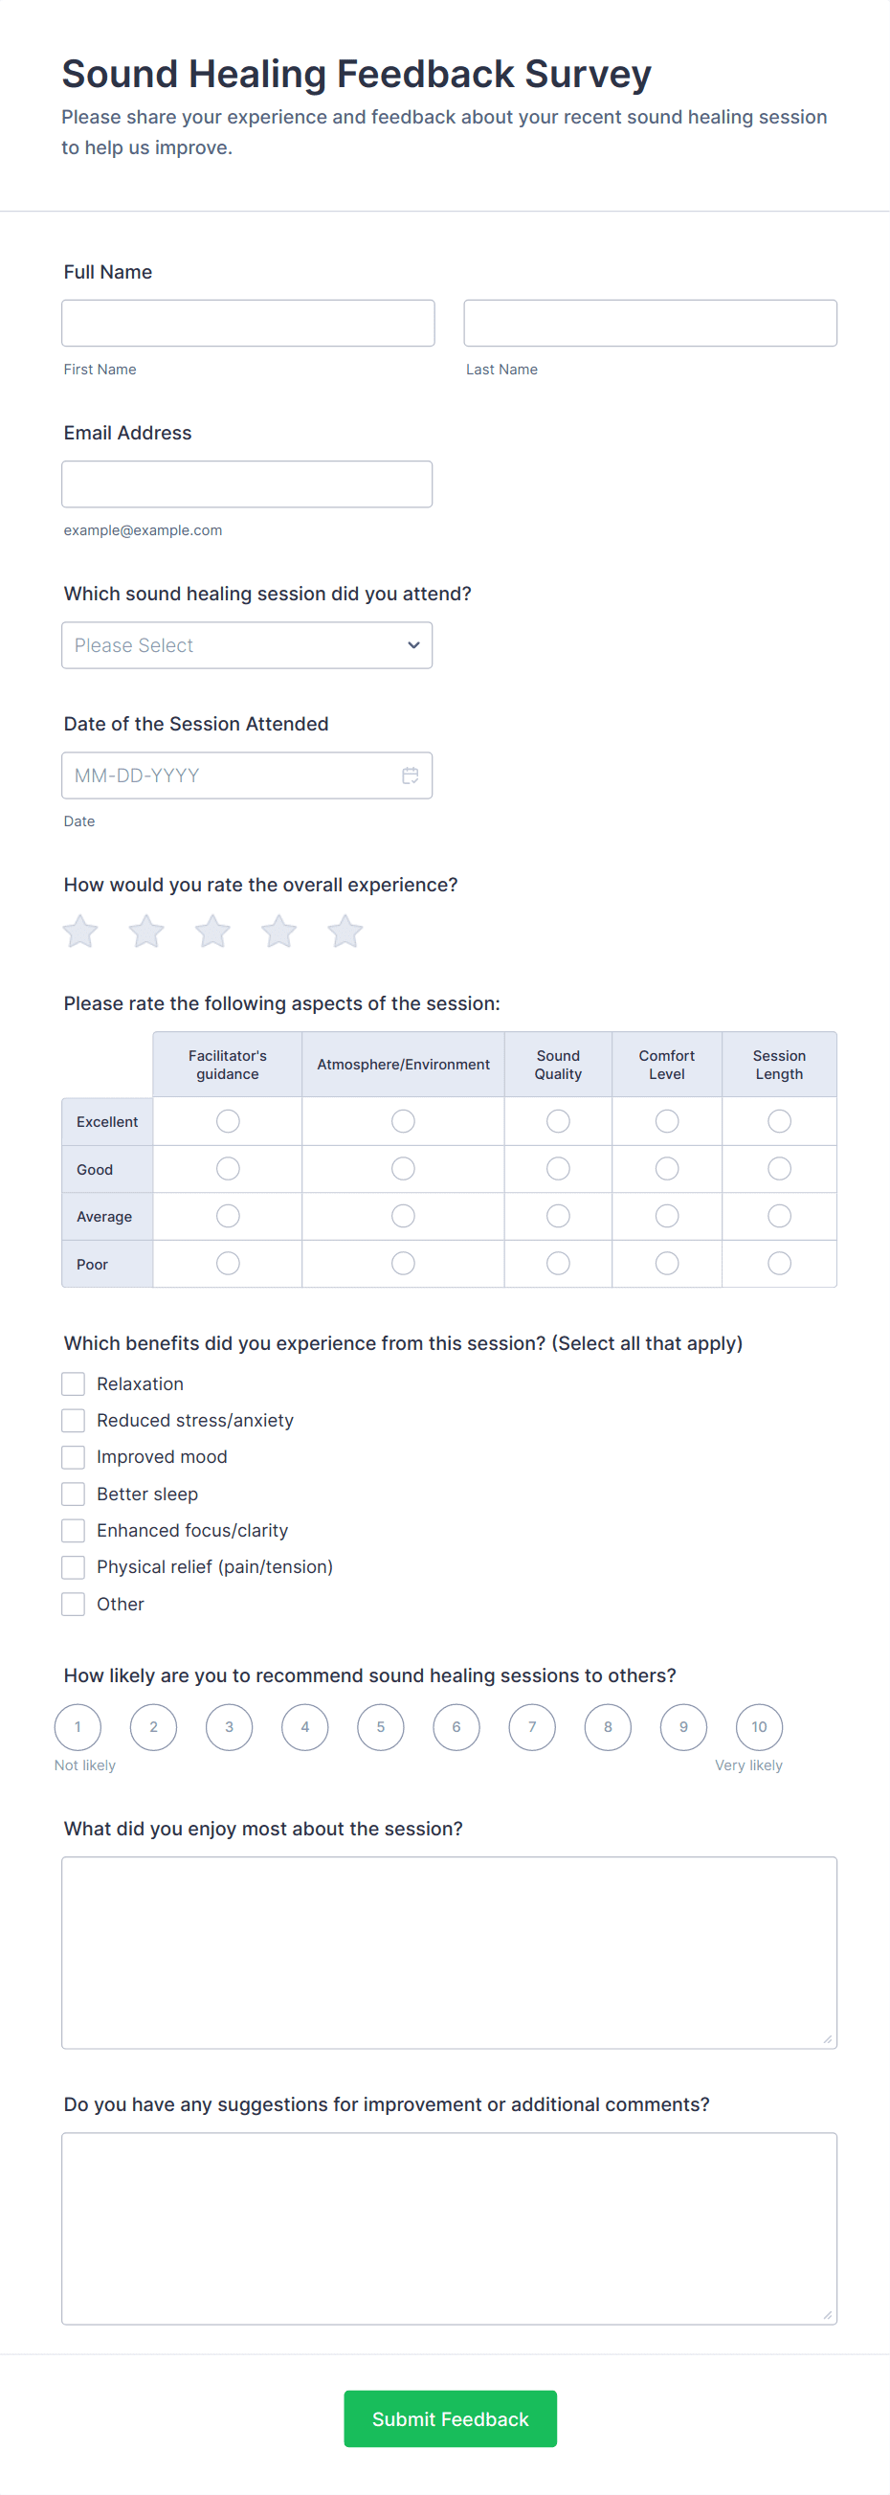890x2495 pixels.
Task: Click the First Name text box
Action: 248,323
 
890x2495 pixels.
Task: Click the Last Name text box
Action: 650,323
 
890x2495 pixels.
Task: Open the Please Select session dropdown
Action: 247,645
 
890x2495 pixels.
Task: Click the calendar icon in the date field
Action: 411,775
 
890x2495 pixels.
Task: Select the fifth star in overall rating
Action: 345,932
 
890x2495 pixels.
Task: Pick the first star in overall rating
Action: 80,932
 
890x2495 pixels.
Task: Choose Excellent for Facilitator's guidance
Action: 228,1120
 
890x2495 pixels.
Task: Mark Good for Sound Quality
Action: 558,1169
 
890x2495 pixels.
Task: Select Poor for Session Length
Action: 779,1263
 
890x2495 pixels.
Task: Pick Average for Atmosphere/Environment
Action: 403,1216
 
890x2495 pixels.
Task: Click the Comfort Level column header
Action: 666,1065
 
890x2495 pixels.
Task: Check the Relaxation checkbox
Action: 74,1383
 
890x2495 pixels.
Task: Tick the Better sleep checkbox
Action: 74,1494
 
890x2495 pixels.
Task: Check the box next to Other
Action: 74,1604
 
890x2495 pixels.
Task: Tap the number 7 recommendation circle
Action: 532,1727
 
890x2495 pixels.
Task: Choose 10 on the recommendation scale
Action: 759,1727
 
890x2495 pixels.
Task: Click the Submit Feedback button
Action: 451,2418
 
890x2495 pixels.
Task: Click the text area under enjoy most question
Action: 450,1951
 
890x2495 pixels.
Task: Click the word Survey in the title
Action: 588,75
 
